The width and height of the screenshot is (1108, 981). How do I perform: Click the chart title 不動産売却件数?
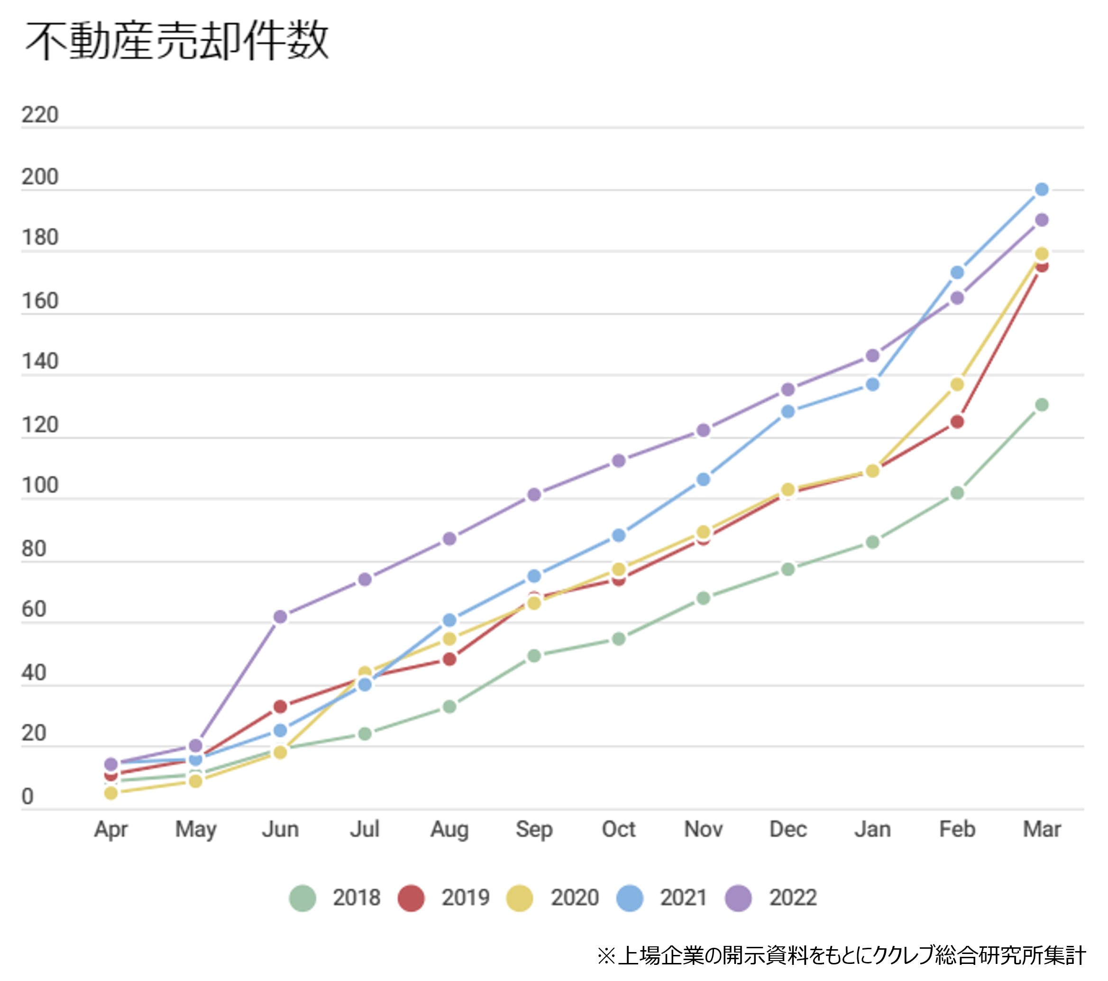(x=177, y=41)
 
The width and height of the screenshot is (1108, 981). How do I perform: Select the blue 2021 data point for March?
(x=1041, y=190)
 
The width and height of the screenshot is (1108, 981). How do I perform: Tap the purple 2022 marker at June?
(x=280, y=617)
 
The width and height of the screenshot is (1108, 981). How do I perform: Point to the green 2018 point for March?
(x=1041, y=405)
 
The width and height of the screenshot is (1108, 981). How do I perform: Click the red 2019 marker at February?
(x=957, y=421)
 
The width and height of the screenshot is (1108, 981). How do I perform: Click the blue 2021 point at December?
(x=788, y=412)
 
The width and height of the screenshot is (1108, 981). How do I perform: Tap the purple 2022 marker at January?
(x=872, y=356)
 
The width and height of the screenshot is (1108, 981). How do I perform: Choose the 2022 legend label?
(x=793, y=898)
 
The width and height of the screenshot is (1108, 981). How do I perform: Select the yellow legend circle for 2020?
(x=519, y=898)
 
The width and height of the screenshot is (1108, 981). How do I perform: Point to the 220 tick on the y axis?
(x=39, y=115)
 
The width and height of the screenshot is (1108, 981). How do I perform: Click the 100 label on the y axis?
(x=39, y=485)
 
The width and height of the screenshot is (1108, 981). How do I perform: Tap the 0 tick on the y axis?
(x=27, y=796)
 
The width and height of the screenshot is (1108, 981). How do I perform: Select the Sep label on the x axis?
(x=534, y=829)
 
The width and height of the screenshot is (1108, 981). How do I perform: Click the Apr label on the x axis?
(x=110, y=829)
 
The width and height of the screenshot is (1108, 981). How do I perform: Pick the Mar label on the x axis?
(x=1041, y=829)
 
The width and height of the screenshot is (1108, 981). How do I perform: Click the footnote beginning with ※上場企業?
(x=841, y=955)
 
